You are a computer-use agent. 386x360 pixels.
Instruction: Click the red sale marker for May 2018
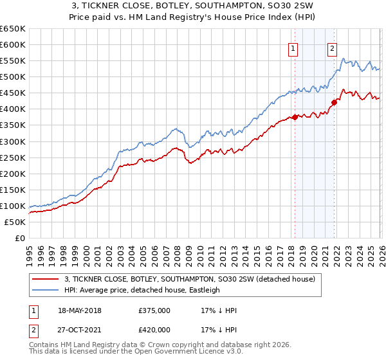(x=295, y=117)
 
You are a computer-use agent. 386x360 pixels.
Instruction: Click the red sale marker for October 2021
(x=334, y=102)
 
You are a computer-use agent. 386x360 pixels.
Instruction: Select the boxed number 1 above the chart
(x=293, y=47)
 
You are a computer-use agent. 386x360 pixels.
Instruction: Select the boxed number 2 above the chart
(x=332, y=47)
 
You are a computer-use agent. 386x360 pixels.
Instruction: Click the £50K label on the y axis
(x=15, y=222)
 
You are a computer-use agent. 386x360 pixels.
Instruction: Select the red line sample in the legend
(x=45, y=279)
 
